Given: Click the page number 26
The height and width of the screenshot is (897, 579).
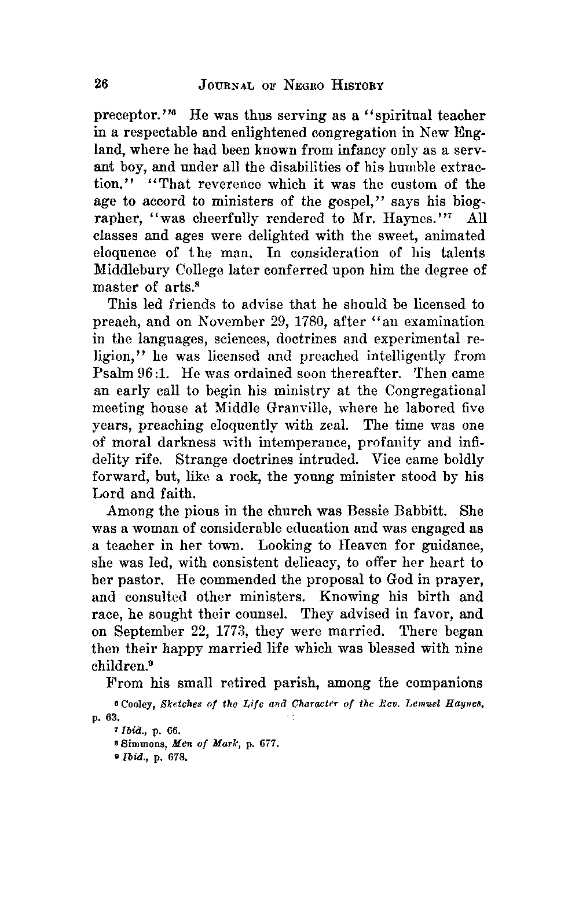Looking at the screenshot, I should point(101,85).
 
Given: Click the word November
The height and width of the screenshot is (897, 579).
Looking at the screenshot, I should point(196,321).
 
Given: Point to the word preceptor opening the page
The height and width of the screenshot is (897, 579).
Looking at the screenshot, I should point(126,116).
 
